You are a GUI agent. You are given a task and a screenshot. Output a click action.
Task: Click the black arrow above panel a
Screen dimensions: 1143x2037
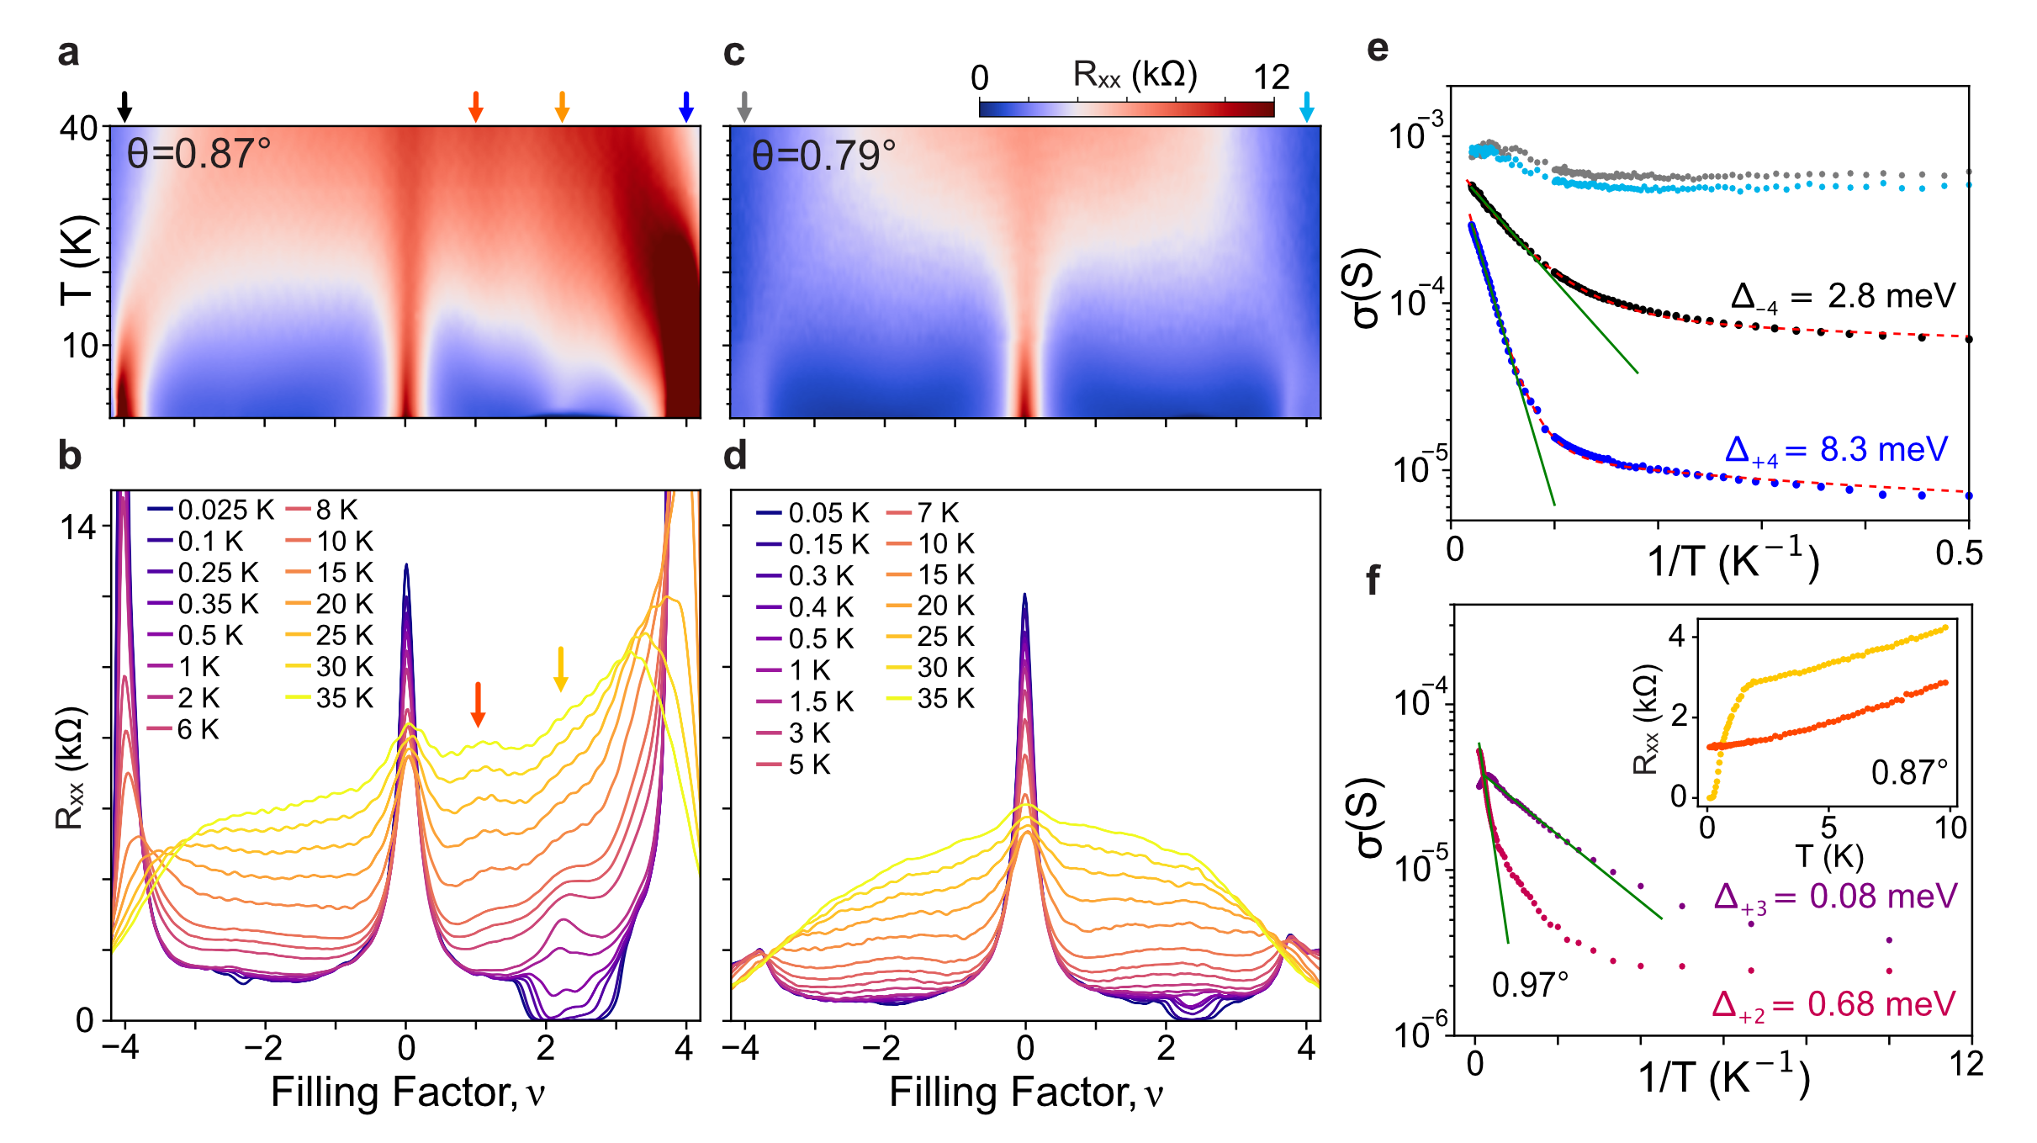pyautogui.click(x=124, y=106)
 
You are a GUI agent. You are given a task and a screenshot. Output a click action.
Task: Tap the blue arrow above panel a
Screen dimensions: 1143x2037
pyautogui.click(x=686, y=106)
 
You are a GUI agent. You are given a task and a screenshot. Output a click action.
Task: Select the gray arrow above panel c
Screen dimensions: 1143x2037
pyautogui.click(x=743, y=106)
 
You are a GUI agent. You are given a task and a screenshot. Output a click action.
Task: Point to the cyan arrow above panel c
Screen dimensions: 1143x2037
pyautogui.click(x=1306, y=106)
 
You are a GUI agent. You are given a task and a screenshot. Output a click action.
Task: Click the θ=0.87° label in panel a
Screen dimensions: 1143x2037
pyautogui.click(x=199, y=155)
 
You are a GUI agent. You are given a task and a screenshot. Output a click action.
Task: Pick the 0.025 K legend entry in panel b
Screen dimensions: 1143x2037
pyautogui.click(x=211, y=510)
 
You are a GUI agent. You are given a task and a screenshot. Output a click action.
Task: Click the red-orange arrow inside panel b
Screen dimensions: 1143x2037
pyautogui.click(x=478, y=704)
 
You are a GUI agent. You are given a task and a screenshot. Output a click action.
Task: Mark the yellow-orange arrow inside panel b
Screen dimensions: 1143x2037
pyautogui.click(x=560, y=669)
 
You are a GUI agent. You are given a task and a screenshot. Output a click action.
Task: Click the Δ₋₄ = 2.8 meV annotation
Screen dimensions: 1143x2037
pyautogui.click(x=1843, y=297)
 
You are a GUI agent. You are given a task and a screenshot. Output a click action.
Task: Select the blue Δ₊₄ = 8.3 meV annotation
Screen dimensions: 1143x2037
pyautogui.click(x=1836, y=451)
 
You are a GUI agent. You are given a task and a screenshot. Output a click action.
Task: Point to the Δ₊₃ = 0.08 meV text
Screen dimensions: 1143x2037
pyautogui.click(x=1835, y=897)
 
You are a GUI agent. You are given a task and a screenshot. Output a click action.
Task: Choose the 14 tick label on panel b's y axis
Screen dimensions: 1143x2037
pyautogui.click(x=78, y=528)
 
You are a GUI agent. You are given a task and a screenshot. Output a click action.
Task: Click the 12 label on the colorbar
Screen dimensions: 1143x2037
pyautogui.click(x=1271, y=78)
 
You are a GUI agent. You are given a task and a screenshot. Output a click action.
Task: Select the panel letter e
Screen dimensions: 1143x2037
pyautogui.click(x=1377, y=48)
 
